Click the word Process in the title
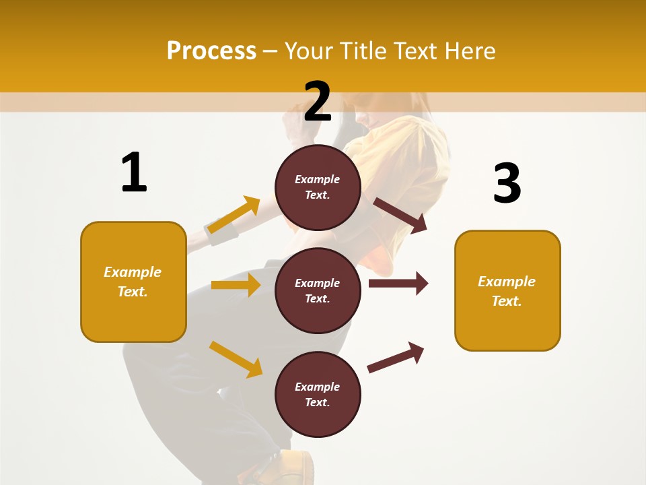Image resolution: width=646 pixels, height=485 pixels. tap(211, 51)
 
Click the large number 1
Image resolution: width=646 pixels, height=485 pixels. tap(134, 173)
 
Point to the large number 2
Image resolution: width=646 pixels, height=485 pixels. tap(318, 102)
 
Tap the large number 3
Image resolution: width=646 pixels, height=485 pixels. tap(507, 184)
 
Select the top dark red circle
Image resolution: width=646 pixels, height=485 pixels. tap(318, 187)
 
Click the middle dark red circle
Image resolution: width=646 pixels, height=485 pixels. tap(318, 291)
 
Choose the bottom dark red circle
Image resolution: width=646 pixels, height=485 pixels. tap(318, 395)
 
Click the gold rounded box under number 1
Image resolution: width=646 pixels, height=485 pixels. tap(133, 282)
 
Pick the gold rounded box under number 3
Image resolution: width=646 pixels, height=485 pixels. tap(507, 291)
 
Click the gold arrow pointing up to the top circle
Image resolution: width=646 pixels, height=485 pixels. tap(234, 215)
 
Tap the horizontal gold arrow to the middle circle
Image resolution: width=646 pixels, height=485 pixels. tap(236, 285)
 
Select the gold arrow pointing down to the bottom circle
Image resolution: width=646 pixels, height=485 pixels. tap(236, 359)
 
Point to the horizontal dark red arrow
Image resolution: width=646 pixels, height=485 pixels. tap(398, 283)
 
